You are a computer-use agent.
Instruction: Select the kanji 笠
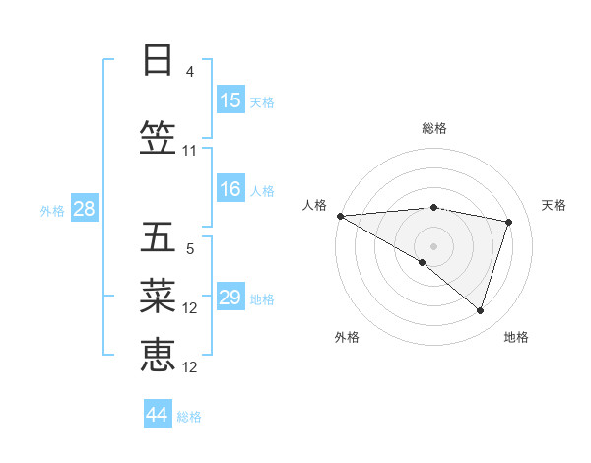[x=158, y=139]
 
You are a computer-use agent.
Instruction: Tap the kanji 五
[x=158, y=237]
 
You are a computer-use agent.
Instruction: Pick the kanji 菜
[x=158, y=295]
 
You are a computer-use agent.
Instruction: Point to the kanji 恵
[x=158, y=355]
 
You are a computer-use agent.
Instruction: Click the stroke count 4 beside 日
[x=190, y=72]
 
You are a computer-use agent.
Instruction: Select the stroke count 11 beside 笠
[x=190, y=151]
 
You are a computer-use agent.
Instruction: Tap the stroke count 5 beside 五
[x=190, y=249]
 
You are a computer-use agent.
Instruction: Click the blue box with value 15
[x=230, y=100]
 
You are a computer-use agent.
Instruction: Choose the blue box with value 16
[x=230, y=189]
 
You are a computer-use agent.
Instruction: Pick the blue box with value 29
[x=230, y=298]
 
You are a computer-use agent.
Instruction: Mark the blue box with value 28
[x=84, y=209]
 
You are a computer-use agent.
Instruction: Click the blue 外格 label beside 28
[x=52, y=210]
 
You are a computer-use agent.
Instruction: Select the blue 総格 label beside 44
[x=189, y=417]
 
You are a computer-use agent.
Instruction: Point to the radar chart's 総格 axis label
[x=433, y=128]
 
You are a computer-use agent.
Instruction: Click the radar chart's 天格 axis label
[x=554, y=205]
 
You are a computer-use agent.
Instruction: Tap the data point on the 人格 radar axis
[x=340, y=216]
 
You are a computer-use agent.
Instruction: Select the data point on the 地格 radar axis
[x=481, y=311]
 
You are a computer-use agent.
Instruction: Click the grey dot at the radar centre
[x=433, y=244]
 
